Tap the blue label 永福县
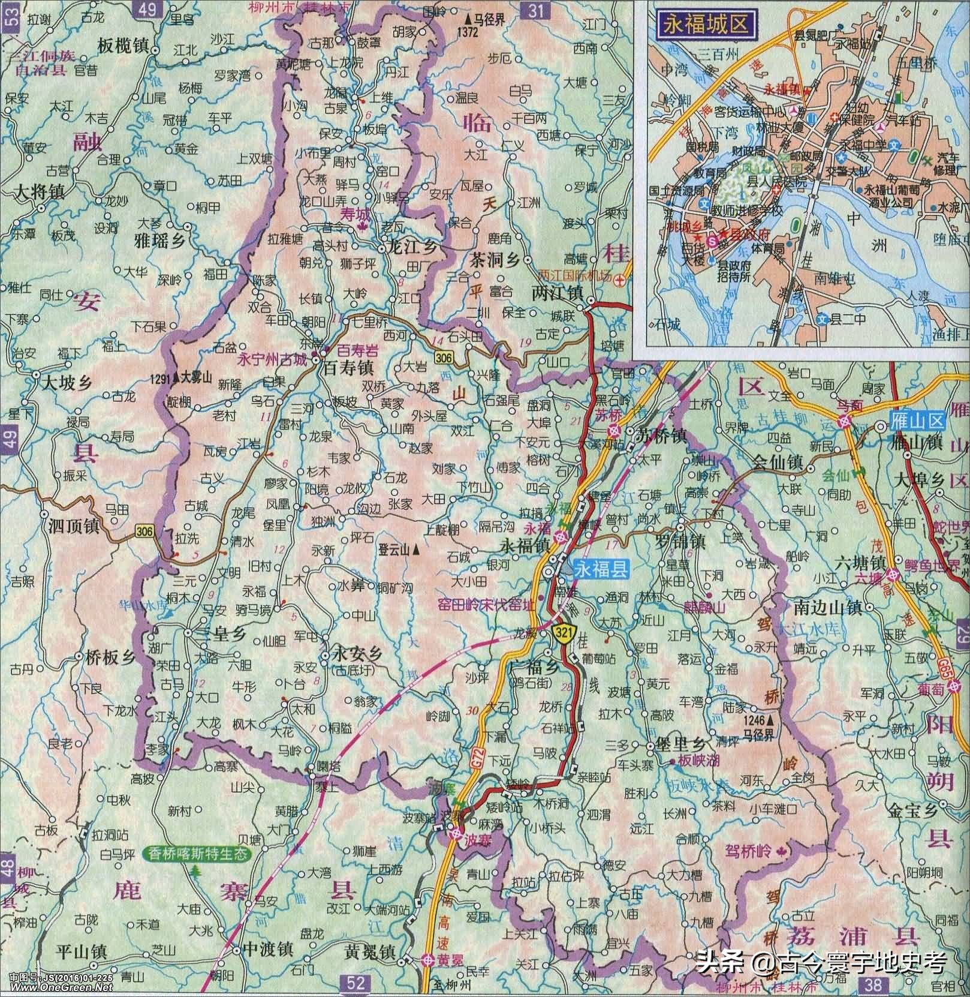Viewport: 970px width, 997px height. tap(601, 569)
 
